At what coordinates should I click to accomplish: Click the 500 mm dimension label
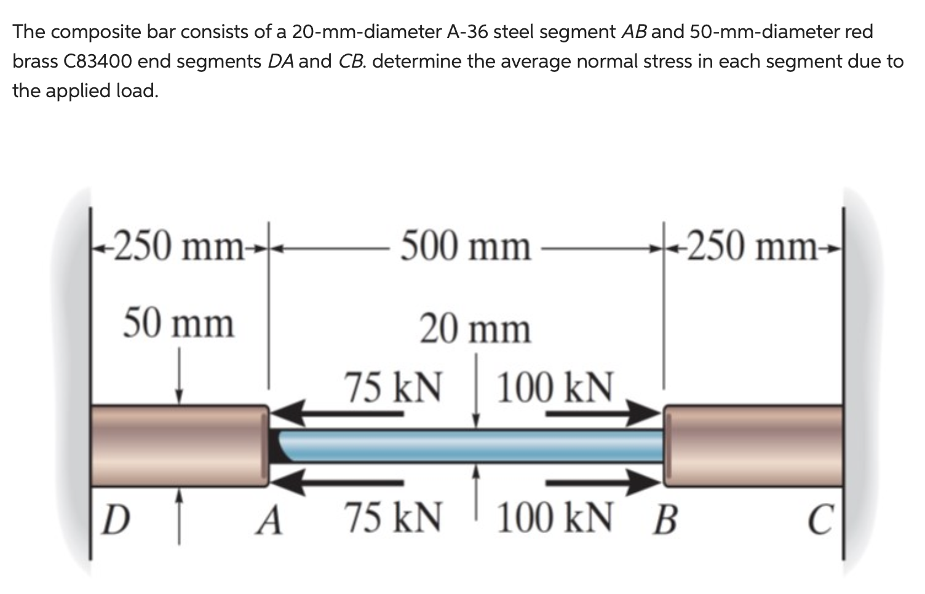tap(466, 246)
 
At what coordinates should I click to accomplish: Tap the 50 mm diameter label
tap(178, 323)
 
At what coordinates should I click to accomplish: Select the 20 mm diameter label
tap(475, 328)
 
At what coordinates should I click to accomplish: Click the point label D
tap(116, 520)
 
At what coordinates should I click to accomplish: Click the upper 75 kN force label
tap(393, 387)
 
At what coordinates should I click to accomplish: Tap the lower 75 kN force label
tap(393, 517)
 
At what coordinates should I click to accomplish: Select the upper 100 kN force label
tap(555, 387)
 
